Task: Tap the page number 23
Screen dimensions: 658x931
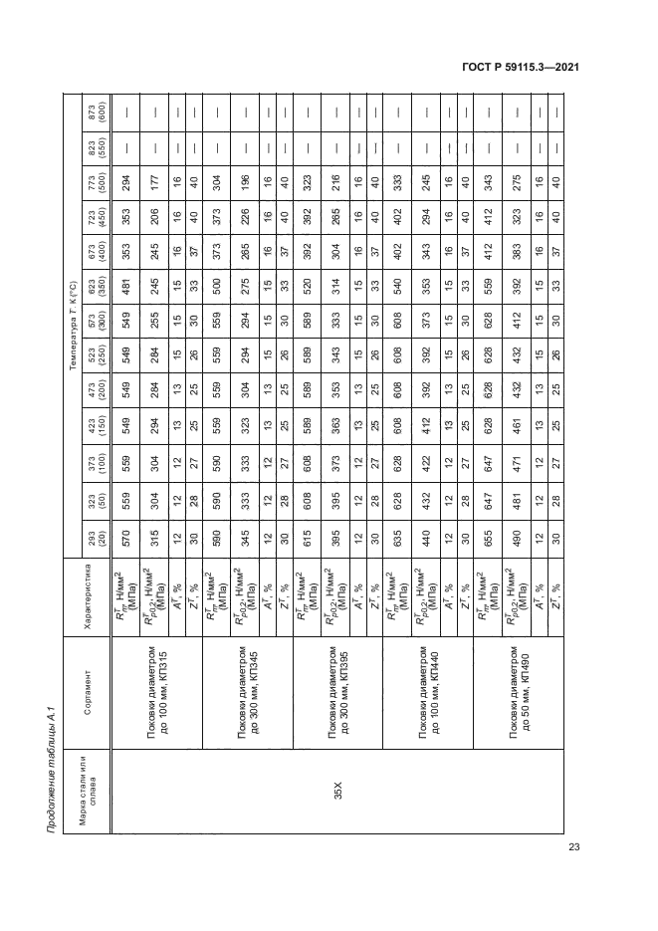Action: click(x=573, y=847)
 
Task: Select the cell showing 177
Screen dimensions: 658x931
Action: click(x=154, y=164)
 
